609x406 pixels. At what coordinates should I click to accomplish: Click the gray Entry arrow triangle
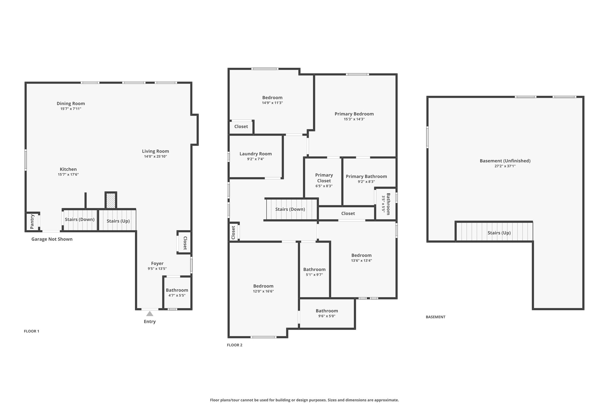pos(150,313)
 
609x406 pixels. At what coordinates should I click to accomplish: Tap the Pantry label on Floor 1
pos(32,222)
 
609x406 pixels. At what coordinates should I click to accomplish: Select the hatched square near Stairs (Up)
pos(111,201)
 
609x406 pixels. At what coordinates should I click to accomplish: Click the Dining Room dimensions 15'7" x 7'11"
pos(71,109)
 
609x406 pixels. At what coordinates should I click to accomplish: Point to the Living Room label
pos(156,151)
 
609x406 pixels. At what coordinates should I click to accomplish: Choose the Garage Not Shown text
pos(52,239)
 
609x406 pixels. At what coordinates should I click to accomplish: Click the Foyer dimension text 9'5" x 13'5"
pos(157,269)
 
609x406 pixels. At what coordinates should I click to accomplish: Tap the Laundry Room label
pos(256,154)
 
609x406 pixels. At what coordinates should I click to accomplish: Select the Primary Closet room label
pos(324,178)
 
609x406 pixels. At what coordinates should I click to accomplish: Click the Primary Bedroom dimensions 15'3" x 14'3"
pos(354,119)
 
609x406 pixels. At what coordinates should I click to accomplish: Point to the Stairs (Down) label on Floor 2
pos(290,209)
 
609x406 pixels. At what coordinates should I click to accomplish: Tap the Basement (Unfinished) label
pos(505,161)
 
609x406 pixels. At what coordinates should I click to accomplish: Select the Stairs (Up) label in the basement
pos(499,233)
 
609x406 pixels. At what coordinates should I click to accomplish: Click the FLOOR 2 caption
pos(235,345)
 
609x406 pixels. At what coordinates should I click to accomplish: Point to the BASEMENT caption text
pos(436,317)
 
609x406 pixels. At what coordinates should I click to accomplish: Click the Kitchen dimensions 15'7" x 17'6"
pos(68,175)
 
